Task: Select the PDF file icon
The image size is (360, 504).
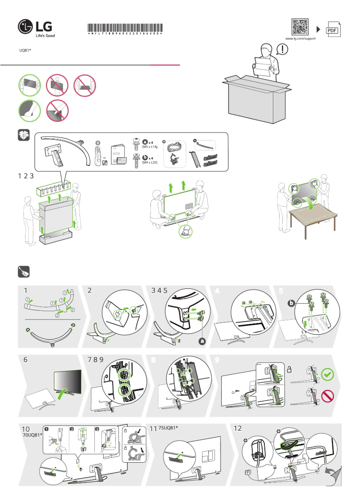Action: tap(332, 29)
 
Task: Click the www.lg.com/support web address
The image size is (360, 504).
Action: tap(301, 39)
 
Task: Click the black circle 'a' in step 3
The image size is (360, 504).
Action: tap(202, 341)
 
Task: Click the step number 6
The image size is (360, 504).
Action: tap(26, 359)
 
